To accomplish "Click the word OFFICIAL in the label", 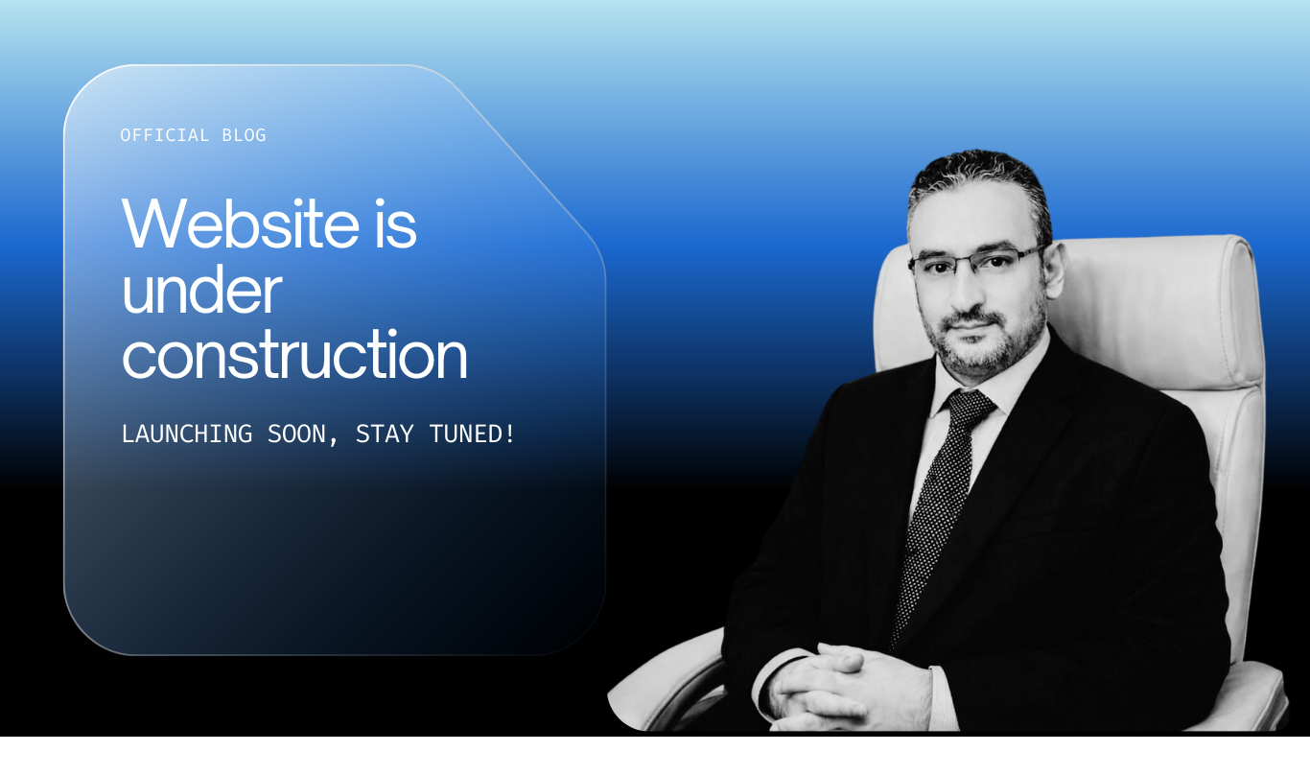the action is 164,135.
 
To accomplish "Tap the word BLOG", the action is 244,135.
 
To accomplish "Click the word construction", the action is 294,355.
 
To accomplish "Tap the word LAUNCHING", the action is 187,434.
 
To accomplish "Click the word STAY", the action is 385,434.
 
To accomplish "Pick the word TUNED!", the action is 472,434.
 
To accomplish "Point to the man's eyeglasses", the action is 975,261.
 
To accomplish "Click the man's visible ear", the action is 1056,270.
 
